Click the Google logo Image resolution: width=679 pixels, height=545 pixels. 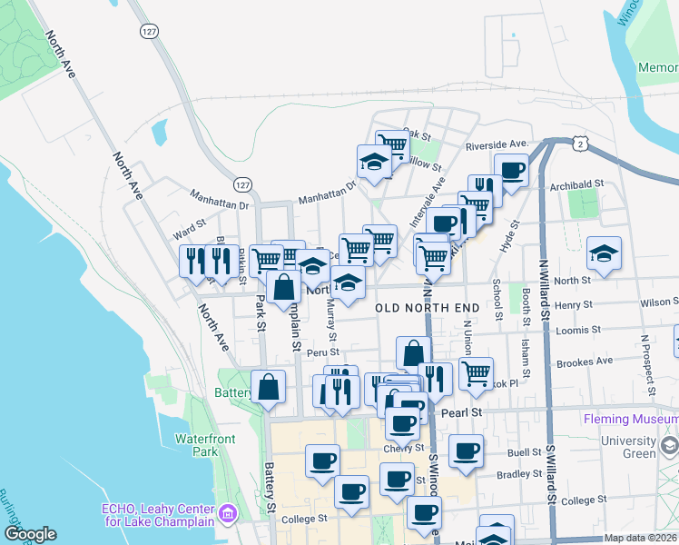(x=30, y=534)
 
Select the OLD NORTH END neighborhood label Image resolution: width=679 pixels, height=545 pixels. (x=428, y=309)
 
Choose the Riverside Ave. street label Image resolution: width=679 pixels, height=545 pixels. (x=497, y=145)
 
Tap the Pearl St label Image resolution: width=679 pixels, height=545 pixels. (x=460, y=412)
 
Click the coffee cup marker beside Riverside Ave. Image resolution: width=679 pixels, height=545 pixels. (x=511, y=170)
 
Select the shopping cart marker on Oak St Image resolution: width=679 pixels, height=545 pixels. (x=391, y=144)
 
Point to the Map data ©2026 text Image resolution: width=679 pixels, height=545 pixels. (x=641, y=538)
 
